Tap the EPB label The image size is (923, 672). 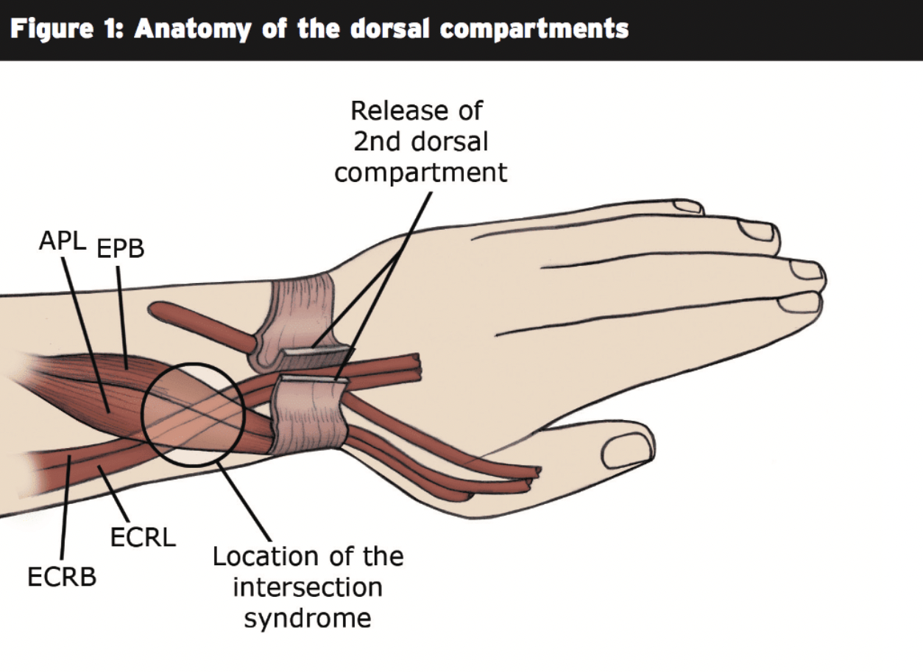[x=121, y=248]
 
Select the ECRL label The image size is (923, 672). [x=143, y=538]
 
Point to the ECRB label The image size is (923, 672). [x=62, y=577]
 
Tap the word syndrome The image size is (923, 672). [x=308, y=617]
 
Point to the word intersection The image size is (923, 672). [x=308, y=587]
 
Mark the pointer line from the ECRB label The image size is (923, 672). [x=64, y=508]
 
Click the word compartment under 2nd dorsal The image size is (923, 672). [x=420, y=172]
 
